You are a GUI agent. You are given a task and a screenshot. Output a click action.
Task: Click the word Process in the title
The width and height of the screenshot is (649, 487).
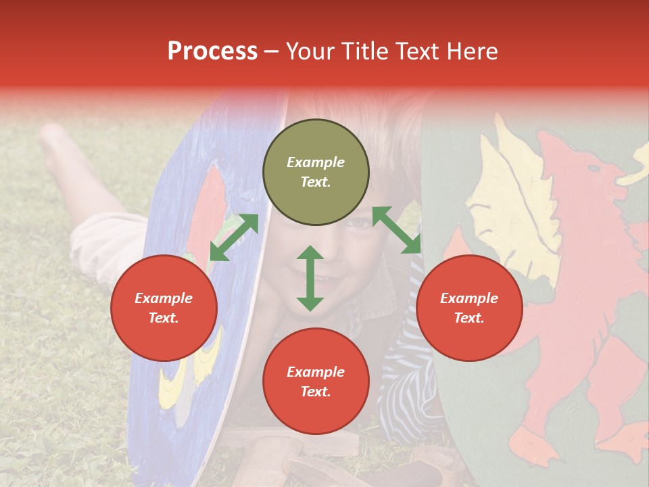tap(212, 51)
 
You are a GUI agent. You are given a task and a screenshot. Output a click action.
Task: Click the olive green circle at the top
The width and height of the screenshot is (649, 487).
tap(316, 172)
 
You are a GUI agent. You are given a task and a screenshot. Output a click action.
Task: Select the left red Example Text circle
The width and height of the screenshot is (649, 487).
tap(164, 308)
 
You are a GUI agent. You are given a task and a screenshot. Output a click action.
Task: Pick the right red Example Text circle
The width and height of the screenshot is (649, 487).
tap(469, 308)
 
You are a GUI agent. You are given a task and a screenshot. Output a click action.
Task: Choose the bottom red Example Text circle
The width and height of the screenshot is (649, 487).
tap(316, 381)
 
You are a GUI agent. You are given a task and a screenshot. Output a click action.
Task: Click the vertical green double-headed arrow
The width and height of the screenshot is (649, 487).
tap(310, 278)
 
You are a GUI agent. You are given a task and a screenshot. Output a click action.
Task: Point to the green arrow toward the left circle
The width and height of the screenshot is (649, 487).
tap(234, 237)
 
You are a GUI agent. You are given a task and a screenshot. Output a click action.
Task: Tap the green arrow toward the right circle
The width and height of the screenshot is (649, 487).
tap(396, 230)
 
